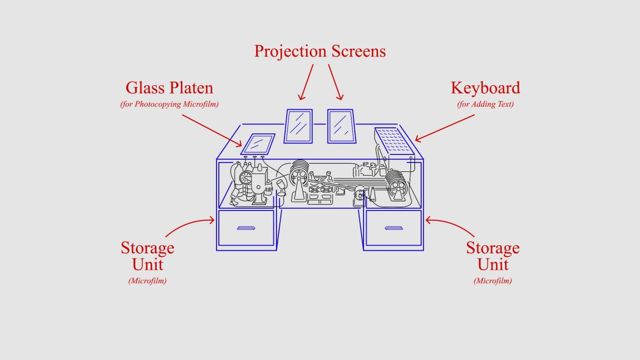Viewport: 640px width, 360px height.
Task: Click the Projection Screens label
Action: [x=320, y=51]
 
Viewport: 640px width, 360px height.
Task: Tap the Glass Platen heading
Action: [x=169, y=88]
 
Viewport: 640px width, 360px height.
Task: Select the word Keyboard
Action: [x=485, y=88]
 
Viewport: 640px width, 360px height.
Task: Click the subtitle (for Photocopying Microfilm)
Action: [x=169, y=104]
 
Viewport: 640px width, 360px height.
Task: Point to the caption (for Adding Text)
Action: [x=485, y=104]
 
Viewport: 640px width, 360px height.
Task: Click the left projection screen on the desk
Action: [x=299, y=126]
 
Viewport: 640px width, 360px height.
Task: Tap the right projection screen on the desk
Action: [x=341, y=126]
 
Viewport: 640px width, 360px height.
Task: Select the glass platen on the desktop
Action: [x=257, y=144]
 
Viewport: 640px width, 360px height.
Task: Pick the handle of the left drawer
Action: [x=247, y=228]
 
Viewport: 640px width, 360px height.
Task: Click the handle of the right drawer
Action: [x=393, y=228]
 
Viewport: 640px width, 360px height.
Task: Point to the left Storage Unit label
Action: [x=147, y=256]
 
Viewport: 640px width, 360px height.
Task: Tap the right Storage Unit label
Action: [x=493, y=256]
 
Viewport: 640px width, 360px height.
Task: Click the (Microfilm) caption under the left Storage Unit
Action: [x=147, y=281]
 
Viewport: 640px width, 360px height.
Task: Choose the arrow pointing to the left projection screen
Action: [x=306, y=82]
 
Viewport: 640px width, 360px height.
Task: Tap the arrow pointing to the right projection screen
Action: [x=335, y=82]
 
